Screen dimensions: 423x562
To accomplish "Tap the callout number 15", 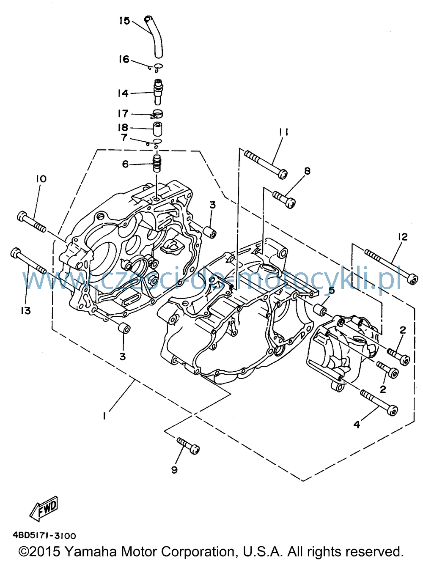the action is click(124, 21).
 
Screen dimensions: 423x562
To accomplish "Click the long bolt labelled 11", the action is click(266, 164).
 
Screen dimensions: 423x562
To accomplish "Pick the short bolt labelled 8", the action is click(284, 200).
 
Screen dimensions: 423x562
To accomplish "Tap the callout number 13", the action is click(26, 311).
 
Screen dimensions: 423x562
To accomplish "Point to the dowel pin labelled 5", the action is click(320, 309).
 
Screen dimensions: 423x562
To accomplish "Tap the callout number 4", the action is click(357, 425).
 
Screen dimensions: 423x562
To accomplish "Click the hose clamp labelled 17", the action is click(157, 114).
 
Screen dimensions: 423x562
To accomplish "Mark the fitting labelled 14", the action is click(158, 91).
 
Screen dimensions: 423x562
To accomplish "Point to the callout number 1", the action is click(104, 417).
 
